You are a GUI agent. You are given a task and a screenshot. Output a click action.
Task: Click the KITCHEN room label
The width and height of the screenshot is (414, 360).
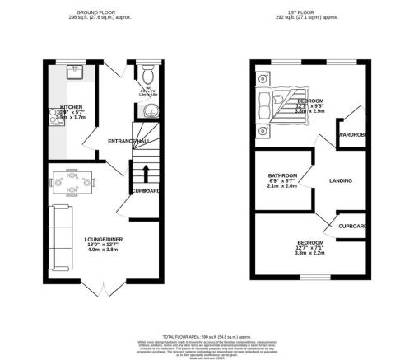click(58, 106)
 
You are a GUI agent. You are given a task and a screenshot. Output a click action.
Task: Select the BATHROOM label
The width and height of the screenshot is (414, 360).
click(282, 175)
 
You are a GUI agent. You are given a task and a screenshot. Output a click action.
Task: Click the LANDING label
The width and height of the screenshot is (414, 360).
click(341, 180)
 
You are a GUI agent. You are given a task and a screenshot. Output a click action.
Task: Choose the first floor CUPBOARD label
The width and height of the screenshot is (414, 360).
click(352, 225)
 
